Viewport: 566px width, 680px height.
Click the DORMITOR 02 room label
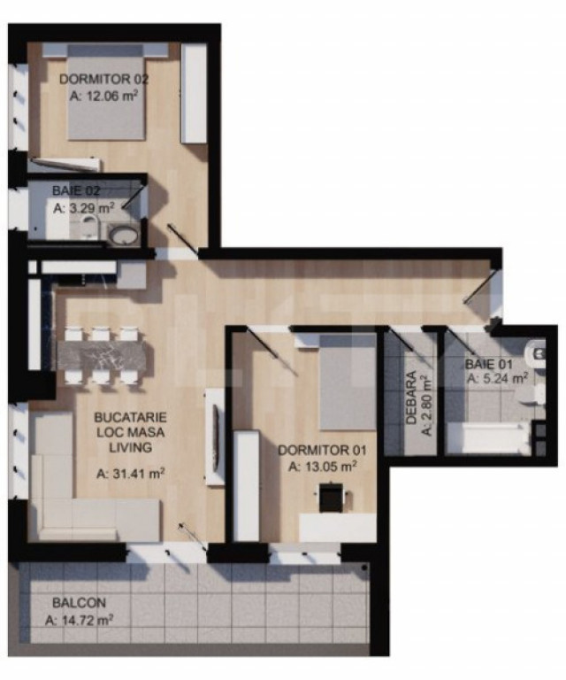click(104, 79)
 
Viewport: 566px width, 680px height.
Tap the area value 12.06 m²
click(104, 96)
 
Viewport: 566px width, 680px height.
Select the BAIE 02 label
click(76, 191)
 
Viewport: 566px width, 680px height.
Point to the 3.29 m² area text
click(84, 208)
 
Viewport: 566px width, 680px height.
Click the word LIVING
click(130, 447)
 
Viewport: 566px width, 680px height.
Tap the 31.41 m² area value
click(130, 474)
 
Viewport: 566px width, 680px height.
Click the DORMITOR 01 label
click(322, 450)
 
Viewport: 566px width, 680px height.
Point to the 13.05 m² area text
click(323, 467)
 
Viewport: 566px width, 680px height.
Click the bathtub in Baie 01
click(488, 438)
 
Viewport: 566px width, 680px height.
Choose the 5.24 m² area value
click(498, 378)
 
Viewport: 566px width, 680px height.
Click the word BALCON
click(79, 603)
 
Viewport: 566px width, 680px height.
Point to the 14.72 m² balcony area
click(80, 620)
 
